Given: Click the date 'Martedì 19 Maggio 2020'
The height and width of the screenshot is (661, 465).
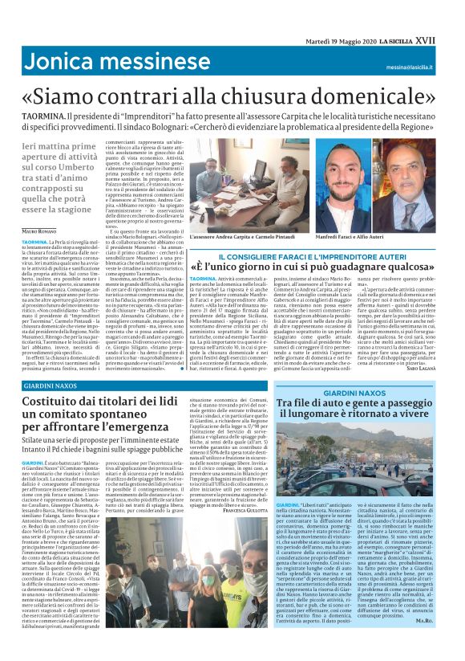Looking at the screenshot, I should pos(338,40).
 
